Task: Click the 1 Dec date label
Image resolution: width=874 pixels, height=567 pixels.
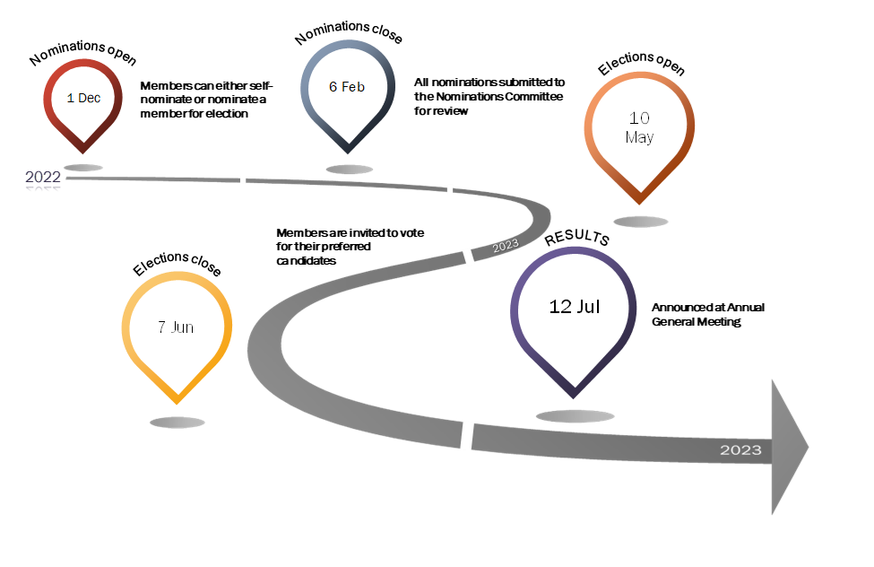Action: pyautogui.click(x=83, y=98)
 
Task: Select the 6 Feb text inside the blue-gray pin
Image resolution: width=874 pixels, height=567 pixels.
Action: pyautogui.click(x=347, y=87)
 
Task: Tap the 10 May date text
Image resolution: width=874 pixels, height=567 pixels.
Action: pyautogui.click(x=639, y=127)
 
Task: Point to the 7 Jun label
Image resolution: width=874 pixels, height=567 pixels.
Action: pyautogui.click(x=176, y=327)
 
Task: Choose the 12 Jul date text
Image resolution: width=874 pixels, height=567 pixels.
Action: pyautogui.click(x=575, y=307)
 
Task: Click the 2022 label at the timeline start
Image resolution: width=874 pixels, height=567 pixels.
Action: pyautogui.click(x=43, y=178)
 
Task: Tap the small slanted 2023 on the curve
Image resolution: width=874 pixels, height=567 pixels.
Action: pyautogui.click(x=506, y=244)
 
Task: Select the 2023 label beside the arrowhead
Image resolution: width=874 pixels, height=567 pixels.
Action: pyautogui.click(x=740, y=449)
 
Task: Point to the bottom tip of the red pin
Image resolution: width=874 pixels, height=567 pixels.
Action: pyautogui.click(x=83, y=152)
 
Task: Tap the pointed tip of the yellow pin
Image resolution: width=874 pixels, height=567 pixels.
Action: pyautogui.click(x=177, y=402)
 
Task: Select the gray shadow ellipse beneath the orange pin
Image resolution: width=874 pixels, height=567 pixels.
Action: pyautogui.click(x=641, y=222)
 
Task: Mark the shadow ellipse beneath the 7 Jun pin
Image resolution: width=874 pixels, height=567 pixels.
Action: pyautogui.click(x=177, y=423)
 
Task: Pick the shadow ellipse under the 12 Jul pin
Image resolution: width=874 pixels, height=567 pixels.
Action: pyautogui.click(x=575, y=416)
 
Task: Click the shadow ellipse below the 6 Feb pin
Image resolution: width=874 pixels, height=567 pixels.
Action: pyautogui.click(x=349, y=169)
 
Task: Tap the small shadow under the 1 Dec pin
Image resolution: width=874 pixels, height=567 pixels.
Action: pyautogui.click(x=83, y=168)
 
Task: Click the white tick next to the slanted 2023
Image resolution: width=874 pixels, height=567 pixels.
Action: pyautogui.click(x=469, y=257)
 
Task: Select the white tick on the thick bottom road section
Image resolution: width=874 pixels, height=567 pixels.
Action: pyautogui.click(x=466, y=435)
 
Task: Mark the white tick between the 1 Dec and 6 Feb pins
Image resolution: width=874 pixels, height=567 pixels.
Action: pyautogui.click(x=243, y=179)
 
